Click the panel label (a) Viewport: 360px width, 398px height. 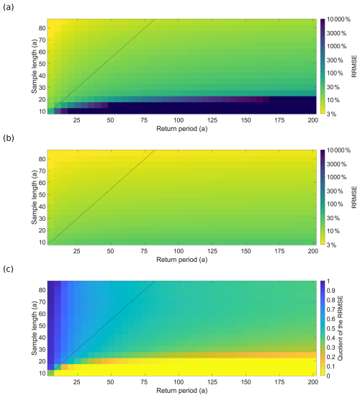pyautogui.click(x=9, y=7)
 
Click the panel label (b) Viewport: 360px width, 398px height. pyautogui.click(x=9, y=138)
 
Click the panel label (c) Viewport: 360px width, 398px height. pyautogui.click(x=9, y=268)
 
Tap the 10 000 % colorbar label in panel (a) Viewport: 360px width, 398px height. pyautogui.click(x=338, y=19)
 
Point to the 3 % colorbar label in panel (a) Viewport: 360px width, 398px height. pyautogui.click(x=331, y=114)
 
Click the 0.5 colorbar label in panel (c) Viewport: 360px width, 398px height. pyautogui.click(x=331, y=328)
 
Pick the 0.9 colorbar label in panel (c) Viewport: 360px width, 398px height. pyautogui.click(x=331, y=291)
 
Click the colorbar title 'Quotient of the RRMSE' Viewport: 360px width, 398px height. pyautogui.click(x=340, y=328)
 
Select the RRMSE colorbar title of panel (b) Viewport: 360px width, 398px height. pyautogui.click(x=354, y=197)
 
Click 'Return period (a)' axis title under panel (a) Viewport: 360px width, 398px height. pyautogui.click(x=181, y=129)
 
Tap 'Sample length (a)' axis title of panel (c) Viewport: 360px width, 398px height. pyautogui.click(x=35, y=328)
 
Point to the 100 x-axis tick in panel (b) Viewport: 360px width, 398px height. pyautogui.click(x=179, y=251)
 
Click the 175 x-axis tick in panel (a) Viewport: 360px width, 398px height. pyautogui.click(x=279, y=120)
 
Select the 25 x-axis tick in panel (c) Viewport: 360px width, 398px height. pyautogui.click(x=76, y=382)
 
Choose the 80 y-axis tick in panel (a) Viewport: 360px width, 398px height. pyautogui.click(x=42, y=28)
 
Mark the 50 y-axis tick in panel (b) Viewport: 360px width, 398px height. pyautogui.click(x=42, y=195)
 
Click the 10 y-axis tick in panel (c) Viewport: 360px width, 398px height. pyautogui.click(x=42, y=373)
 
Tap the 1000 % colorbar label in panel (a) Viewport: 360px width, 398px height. pyautogui.click(x=336, y=46)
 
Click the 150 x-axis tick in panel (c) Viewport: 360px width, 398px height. pyautogui.click(x=246, y=382)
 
